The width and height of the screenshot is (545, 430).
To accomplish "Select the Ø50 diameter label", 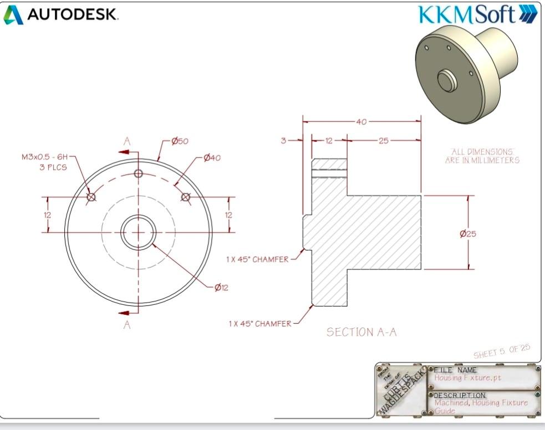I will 180,141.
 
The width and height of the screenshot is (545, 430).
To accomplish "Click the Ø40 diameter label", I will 212,158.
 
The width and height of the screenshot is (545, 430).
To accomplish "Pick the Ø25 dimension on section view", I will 468,233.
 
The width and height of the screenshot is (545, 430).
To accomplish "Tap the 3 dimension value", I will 283,141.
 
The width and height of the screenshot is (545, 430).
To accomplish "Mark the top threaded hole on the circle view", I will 139,173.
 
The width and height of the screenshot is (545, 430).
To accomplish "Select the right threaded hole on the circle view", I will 185,197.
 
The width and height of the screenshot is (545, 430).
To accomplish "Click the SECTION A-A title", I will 361,332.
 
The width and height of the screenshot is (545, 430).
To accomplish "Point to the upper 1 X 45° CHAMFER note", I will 257,259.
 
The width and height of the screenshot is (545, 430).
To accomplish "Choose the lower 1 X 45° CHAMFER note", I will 259,324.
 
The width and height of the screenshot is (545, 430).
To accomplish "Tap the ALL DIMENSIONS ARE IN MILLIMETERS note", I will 482,156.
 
